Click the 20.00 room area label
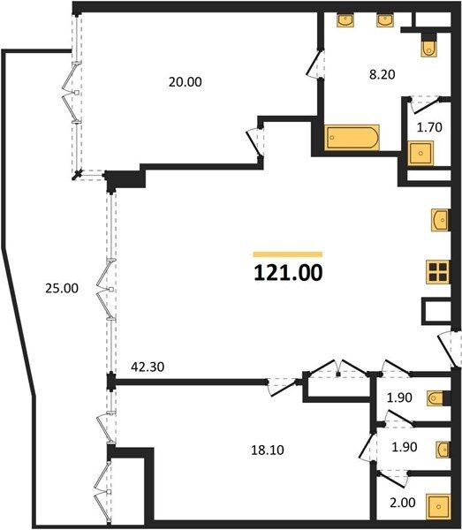pos(186,82)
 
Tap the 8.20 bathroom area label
pos(382,74)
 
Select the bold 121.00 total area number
pos(288,273)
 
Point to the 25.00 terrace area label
pos(62,288)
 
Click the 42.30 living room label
pos(148,367)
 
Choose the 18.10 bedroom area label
pos(268,450)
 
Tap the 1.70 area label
pos(429,127)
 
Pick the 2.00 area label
pos(403,503)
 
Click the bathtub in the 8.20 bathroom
pos(352,138)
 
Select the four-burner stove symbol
pos(438,272)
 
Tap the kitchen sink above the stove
pos(441,220)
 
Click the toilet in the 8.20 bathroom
pos(429,45)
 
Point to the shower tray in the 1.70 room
pos(420,153)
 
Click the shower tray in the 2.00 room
pos(438,507)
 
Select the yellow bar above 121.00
pos(288,254)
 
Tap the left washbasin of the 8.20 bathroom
pos(345,20)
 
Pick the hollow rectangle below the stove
pos(436,311)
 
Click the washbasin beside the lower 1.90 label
pos(443,450)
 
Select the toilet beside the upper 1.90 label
pos(436,398)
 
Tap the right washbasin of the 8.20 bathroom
pos(385,20)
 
